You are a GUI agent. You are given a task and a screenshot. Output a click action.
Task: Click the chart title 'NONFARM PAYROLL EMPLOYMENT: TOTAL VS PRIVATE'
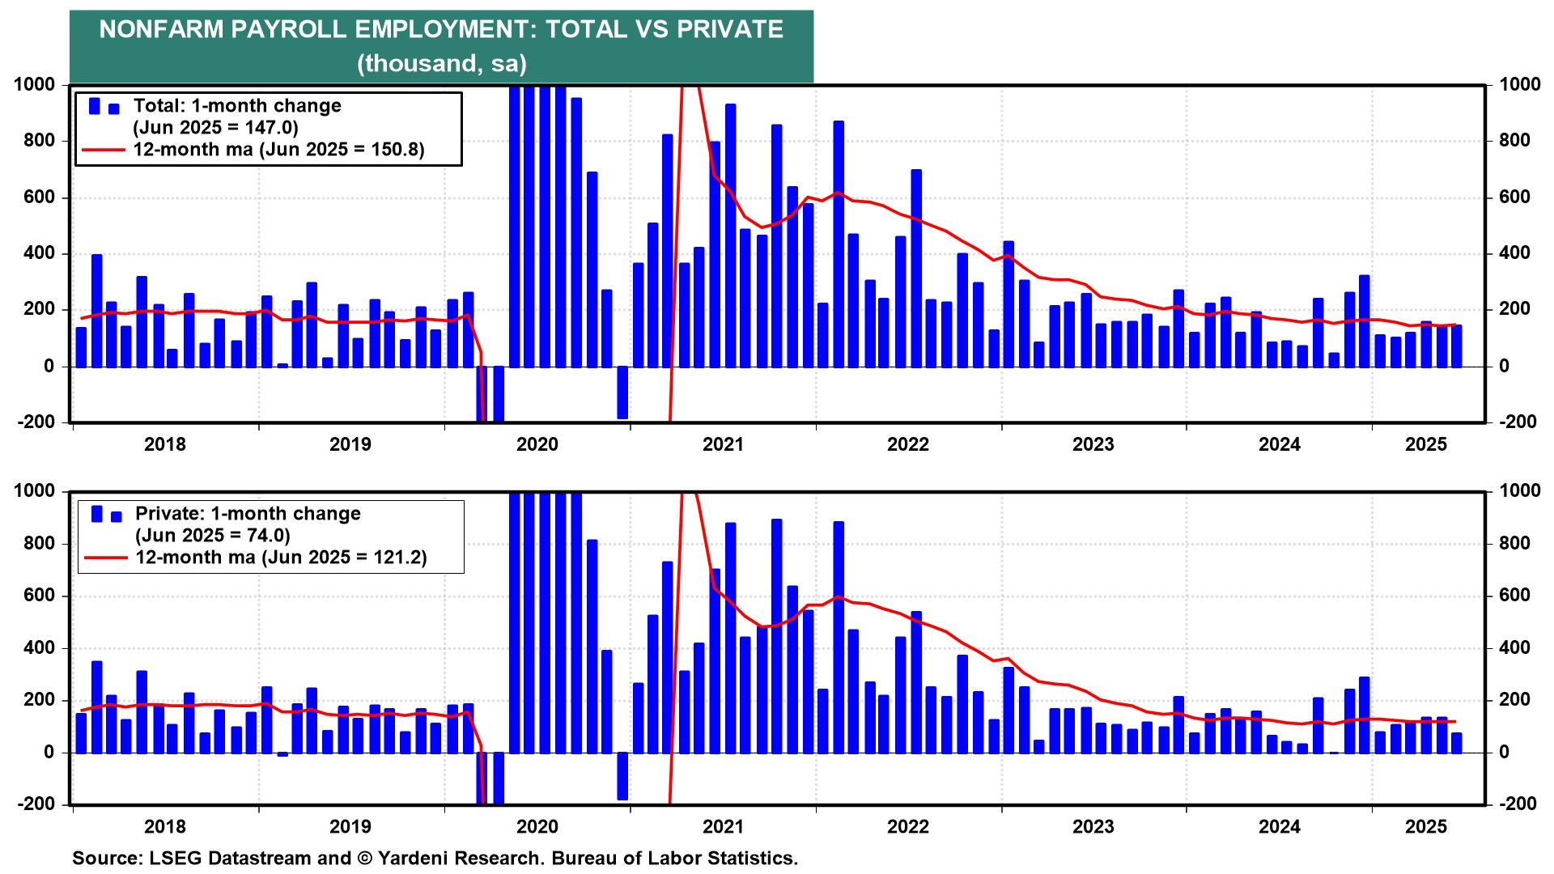pos(441,30)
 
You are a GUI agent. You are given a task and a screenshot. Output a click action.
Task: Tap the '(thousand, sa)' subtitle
pos(442,63)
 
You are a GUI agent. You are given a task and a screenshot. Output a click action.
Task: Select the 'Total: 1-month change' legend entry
pos(237,106)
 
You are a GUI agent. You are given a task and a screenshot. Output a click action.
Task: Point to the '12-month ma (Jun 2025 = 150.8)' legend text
pos(278,149)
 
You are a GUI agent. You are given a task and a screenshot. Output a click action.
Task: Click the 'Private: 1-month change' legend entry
pos(248,514)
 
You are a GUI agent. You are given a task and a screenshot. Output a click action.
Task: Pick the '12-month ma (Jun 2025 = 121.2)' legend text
pos(281,557)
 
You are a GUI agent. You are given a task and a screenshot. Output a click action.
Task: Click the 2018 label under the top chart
pos(164,444)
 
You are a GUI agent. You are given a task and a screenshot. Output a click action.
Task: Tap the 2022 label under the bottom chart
pos(908,827)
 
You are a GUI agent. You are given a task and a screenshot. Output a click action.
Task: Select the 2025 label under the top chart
pos(1426,444)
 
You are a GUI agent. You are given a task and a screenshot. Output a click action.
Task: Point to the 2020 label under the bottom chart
pos(537,827)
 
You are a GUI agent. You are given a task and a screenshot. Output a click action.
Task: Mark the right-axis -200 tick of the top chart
pos(1518,422)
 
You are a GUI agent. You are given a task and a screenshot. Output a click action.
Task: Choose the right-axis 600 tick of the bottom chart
pos(1514,596)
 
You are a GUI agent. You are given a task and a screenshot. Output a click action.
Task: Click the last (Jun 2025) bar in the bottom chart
pos(1457,743)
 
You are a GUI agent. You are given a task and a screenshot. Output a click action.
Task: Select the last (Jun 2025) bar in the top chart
pos(1457,346)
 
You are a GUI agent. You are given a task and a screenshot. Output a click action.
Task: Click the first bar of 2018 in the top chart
pos(81,347)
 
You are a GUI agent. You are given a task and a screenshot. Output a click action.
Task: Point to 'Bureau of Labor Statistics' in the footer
pos(675,859)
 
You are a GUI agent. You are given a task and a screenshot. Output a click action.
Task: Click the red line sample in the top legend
pos(103,150)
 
